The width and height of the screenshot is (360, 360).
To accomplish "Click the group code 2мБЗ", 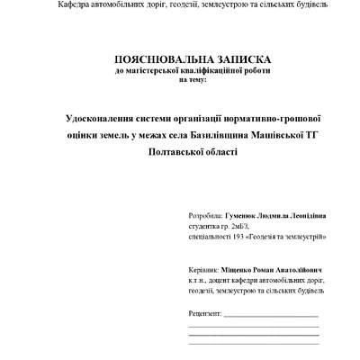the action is [x=242, y=228].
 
